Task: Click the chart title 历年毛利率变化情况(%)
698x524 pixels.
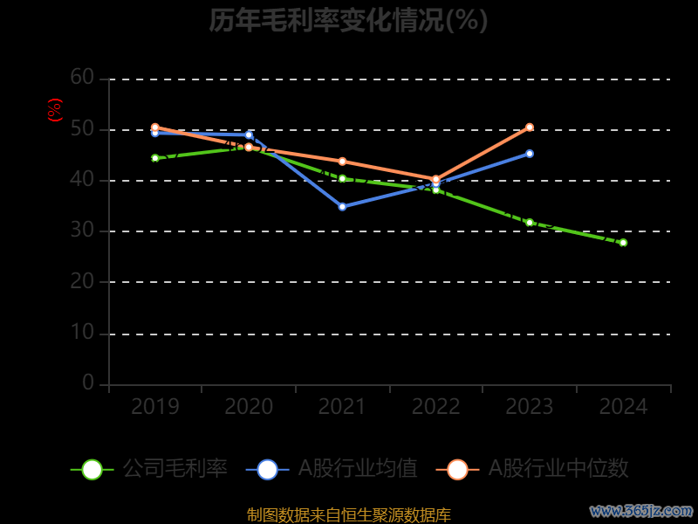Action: tap(348, 20)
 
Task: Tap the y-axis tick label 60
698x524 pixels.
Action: tap(82, 78)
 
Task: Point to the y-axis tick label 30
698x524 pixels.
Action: tap(82, 231)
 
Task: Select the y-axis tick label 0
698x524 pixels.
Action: tap(88, 383)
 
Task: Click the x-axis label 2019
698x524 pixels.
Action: tap(155, 407)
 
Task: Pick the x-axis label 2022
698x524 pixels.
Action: tap(436, 407)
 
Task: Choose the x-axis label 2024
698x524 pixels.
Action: tap(624, 407)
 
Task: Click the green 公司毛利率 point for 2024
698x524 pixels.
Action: tap(623, 242)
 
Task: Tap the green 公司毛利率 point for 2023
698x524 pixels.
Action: tap(530, 222)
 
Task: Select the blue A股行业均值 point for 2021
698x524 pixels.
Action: tap(342, 206)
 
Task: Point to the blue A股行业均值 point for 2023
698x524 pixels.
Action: tap(530, 154)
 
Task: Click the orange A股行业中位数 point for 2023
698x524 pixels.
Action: tap(530, 128)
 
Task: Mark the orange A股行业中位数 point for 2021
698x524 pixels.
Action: tap(342, 162)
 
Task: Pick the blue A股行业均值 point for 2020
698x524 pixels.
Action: tap(249, 134)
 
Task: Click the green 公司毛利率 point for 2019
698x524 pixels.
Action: tap(155, 158)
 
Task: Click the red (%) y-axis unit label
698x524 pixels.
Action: tap(55, 110)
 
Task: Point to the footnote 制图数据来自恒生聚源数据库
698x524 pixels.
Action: tap(348, 514)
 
